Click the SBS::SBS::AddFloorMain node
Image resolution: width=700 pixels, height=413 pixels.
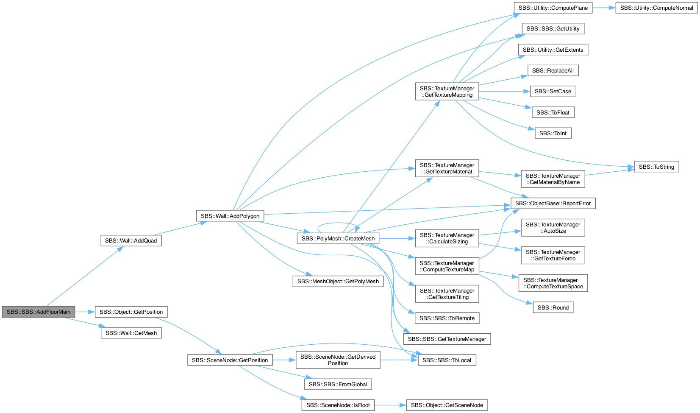(39, 312)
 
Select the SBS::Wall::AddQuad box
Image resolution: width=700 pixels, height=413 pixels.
(131, 240)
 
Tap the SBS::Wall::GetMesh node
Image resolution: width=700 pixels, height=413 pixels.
(131, 333)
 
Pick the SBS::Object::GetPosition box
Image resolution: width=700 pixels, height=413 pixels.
(131, 312)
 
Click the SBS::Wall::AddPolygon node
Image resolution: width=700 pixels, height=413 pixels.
(230, 216)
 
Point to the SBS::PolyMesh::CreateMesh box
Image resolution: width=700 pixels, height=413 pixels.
(338, 239)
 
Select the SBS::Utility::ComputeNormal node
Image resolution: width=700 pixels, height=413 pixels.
(656, 8)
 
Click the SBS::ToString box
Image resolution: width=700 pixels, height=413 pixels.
(656, 167)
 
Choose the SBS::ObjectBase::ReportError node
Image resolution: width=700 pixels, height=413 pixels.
(553, 203)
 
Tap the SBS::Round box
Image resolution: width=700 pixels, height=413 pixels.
(553, 307)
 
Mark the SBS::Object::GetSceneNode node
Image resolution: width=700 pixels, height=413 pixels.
(447, 405)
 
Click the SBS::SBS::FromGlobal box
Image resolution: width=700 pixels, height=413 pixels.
(338, 384)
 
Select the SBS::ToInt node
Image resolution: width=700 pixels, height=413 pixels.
(553, 133)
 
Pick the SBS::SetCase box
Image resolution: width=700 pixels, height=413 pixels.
(553, 91)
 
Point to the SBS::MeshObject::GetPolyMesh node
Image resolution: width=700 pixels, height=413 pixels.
(338, 282)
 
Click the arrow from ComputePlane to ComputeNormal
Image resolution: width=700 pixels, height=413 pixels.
(604, 8)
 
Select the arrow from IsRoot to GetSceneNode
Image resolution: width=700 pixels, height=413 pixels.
(390, 405)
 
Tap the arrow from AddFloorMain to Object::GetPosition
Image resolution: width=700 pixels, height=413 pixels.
(85, 312)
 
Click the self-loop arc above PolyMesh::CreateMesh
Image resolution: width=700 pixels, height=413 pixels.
(337, 223)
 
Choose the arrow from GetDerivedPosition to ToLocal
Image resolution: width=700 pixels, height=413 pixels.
(399, 360)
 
